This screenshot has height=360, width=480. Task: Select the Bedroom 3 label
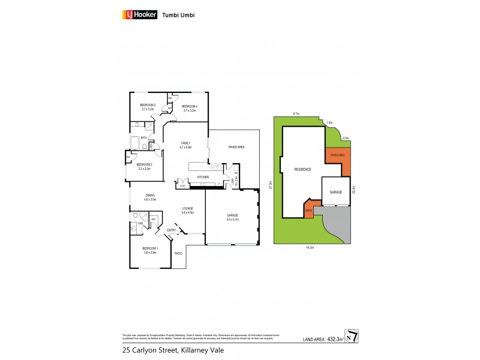pyautogui.click(x=148, y=107)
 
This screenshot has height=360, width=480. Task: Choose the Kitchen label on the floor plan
pyautogui.click(x=203, y=177)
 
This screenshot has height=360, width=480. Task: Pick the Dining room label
pyautogui.click(x=151, y=197)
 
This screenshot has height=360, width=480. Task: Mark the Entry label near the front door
pyautogui.click(x=172, y=230)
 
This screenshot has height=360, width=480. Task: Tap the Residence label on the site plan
pyautogui.click(x=302, y=169)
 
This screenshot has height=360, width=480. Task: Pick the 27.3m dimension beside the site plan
pyautogui.click(x=271, y=185)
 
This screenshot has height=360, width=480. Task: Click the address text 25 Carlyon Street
pyautogui.click(x=140, y=349)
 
